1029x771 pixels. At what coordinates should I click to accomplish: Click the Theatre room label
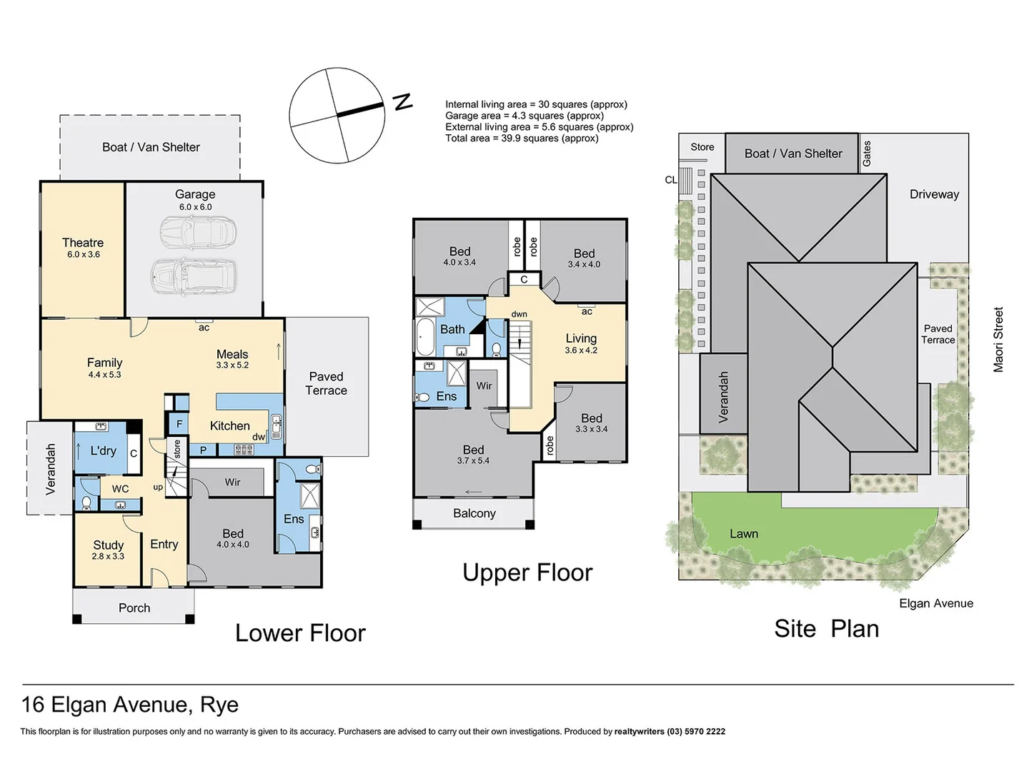tap(83, 243)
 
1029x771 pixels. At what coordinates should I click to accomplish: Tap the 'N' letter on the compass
tap(404, 101)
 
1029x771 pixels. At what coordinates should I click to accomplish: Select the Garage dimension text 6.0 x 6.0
tap(195, 207)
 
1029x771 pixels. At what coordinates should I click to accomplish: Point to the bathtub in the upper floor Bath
tap(424, 337)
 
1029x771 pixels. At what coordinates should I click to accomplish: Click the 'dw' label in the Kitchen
tap(258, 437)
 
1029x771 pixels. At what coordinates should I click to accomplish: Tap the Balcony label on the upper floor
tap(474, 513)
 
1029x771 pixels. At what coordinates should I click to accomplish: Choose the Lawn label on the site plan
tap(743, 534)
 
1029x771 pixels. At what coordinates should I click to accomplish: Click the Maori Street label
tap(998, 340)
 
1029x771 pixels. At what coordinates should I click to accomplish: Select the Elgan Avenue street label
tap(935, 603)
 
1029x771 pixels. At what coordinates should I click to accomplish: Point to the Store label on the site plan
tap(702, 147)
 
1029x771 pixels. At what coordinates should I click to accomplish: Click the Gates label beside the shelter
tap(867, 153)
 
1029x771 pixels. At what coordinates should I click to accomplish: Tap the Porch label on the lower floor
tap(134, 608)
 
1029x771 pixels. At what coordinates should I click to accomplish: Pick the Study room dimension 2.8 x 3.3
tap(108, 556)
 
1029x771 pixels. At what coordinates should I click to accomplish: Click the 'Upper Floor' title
tap(527, 573)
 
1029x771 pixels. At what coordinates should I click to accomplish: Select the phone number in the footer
tap(696, 732)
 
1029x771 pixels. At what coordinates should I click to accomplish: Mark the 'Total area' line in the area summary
tap(522, 138)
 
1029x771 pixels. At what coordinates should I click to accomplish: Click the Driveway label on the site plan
tap(934, 194)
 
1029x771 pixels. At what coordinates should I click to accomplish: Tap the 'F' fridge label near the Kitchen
tap(179, 424)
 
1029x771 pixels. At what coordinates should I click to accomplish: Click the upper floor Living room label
tap(581, 338)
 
